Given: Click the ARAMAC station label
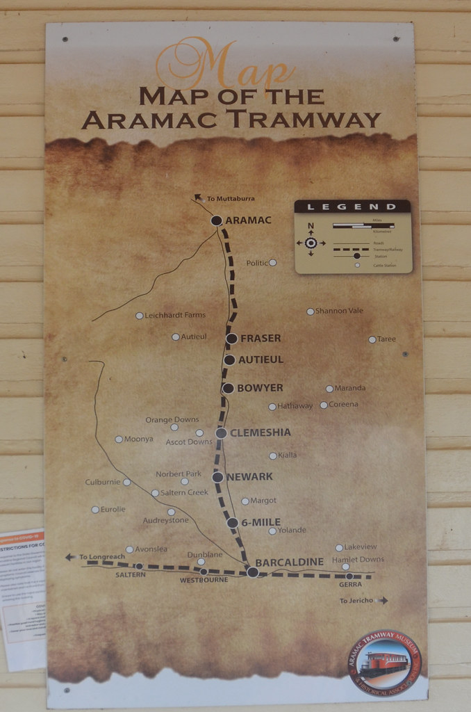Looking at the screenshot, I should coord(248,220).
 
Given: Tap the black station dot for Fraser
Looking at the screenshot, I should coord(231,339).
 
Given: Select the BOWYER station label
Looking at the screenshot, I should coord(260,388).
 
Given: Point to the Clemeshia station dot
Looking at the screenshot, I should coord(221,433).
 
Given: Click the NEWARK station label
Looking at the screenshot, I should coord(249,477).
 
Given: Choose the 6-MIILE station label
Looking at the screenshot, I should coord(261,522).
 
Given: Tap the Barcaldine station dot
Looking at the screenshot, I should coord(253,572).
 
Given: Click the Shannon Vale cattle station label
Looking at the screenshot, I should coord(339,311).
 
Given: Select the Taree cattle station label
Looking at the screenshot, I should coord(386,339).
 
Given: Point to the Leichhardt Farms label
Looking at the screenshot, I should coord(174,316).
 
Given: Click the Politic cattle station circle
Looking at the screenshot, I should coord(272,263).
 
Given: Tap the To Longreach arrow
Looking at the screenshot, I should coord(70,557).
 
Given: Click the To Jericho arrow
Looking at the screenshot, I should coord(383,601).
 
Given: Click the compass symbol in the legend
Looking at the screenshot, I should coord(311,243).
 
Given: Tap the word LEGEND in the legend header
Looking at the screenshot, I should coord(352,207).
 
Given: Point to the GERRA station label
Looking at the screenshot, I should coord(350,585).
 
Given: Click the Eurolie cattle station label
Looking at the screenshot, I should coord(113,510).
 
